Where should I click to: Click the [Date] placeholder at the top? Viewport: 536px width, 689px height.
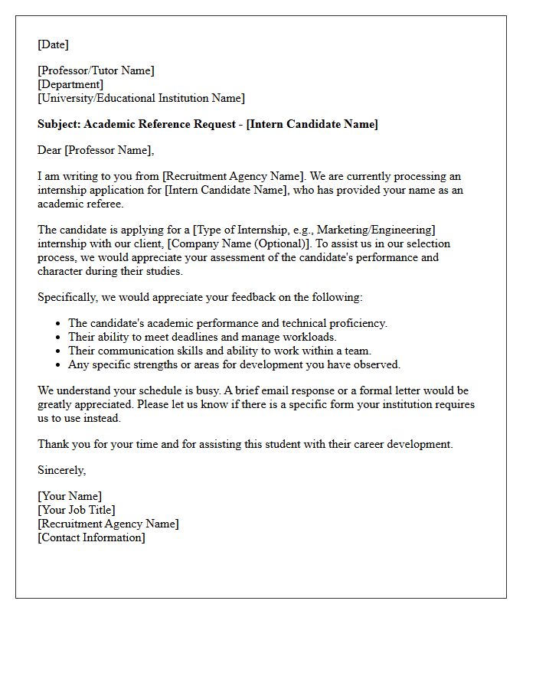click(x=53, y=44)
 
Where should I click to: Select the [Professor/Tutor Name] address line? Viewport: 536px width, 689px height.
click(x=96, y=70)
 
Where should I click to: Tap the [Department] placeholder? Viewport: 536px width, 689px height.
click(x=70, y=84)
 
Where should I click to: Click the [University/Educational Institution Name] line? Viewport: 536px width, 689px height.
click(x=141, y=98)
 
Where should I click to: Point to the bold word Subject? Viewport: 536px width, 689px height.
click(x=59, y=124)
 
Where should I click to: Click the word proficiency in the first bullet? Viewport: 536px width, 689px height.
click(x=359, y=323)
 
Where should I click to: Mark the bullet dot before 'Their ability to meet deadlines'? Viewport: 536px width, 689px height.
click(x=58, y=337)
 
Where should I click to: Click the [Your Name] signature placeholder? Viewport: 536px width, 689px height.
click(x=70, y=496)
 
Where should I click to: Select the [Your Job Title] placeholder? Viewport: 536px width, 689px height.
click(x=77, y=510)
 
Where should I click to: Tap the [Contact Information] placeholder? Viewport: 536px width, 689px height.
click(x=91, y=537)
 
